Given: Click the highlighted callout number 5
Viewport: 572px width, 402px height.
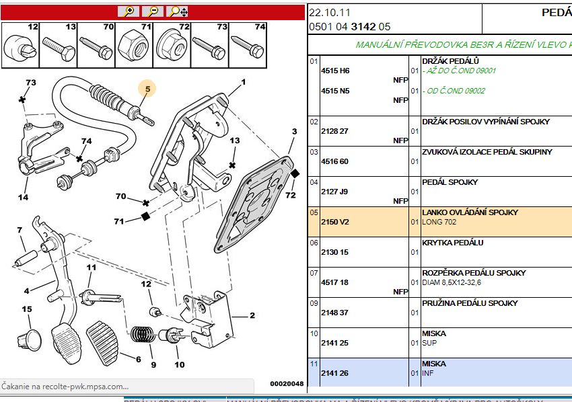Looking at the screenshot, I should click(147, 87).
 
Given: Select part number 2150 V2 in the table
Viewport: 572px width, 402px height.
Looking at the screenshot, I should click(334, 222).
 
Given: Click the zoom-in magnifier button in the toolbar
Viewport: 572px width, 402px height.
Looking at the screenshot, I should click(128, 11).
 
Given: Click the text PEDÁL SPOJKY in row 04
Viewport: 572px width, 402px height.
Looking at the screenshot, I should click(450, 182).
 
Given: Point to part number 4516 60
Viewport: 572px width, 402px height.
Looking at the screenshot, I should click(334, 161).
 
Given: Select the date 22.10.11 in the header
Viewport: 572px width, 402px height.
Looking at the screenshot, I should click(330, 13).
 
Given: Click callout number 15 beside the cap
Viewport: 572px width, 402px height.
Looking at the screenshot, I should click(26, 310).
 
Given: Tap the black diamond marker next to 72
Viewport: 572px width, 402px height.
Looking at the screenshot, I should click(295, 173).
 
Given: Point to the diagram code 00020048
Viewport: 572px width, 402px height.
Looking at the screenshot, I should click(287, 384).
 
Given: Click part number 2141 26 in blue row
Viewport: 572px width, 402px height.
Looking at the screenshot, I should click(334, 373).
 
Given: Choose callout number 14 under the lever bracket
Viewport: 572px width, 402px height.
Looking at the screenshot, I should click(23, 198).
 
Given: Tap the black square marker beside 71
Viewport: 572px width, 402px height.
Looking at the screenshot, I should click(144, 216).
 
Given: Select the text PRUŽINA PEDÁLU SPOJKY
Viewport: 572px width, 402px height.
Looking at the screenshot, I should click(470, 303).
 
